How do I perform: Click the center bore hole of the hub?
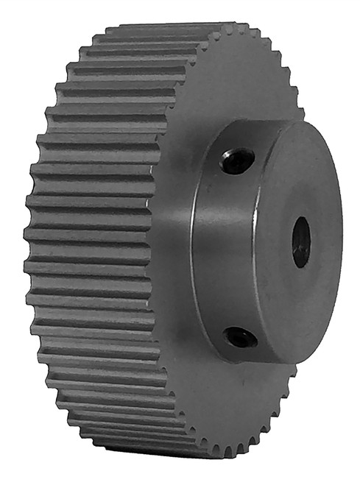point(301,241)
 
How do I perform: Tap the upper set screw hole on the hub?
point(237,161)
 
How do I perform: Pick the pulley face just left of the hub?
point(173,243)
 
